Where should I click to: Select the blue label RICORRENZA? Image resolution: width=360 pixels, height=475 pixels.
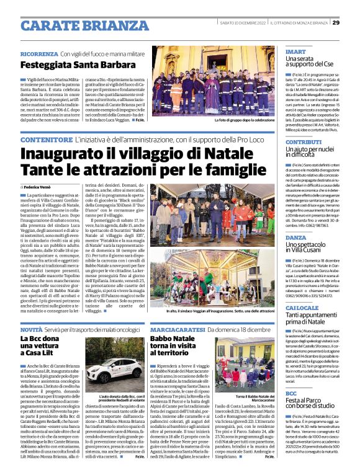click(x=39, y=54)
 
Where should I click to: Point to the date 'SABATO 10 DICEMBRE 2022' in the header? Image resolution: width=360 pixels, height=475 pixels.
click(x=245, y=24)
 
